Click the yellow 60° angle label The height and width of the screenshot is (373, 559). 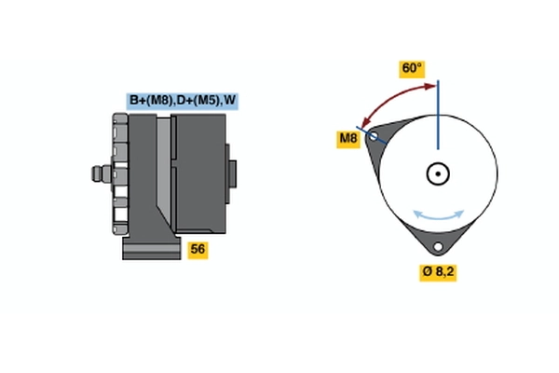point(412,69)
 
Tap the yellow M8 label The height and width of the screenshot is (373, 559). point(348,139)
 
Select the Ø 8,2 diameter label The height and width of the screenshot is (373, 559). point(438,271)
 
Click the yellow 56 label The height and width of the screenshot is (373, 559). point(198,249)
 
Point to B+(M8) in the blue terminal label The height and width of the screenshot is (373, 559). point(151,101)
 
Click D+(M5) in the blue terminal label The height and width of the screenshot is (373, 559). point(198,101)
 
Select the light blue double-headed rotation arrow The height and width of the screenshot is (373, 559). point(439,214)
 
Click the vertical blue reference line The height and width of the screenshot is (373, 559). point(437,117)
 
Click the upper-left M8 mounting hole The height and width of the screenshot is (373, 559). point(374,136)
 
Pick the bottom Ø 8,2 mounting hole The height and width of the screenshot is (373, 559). point(438,247)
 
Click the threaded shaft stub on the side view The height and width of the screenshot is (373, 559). point(97,173)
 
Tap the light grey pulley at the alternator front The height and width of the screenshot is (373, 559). point(118,173)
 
